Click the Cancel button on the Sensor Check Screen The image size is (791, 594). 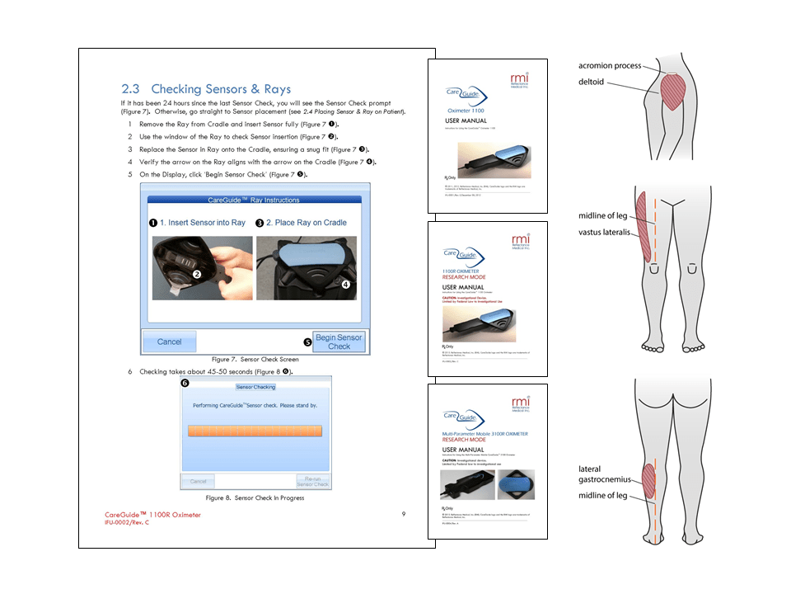coord(170,342)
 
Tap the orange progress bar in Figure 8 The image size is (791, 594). coord(255,431)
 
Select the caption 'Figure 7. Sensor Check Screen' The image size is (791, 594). coord(255,360)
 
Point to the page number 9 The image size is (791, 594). coord(404,514)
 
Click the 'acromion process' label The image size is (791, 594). coord(609,65)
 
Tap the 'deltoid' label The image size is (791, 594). coord(591,82)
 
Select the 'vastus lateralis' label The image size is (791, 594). coord(604,232)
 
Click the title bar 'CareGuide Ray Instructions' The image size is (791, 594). coord(255,200)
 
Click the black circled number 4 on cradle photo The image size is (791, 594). coord(346,283)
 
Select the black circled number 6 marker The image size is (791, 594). coord(185,383)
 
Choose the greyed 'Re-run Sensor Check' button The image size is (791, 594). coord(312,481)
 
